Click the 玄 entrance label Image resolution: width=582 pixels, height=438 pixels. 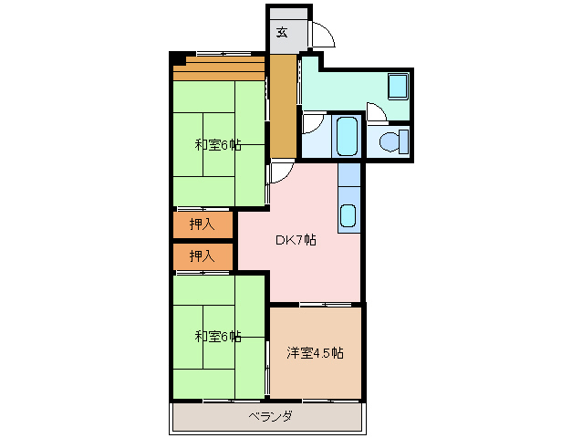(x=282, y=33)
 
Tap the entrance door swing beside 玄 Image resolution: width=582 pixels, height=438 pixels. (x=321, y=36)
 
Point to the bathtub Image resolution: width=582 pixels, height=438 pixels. (x=346, y=136)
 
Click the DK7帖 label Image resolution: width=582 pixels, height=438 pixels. (x=296, y=241)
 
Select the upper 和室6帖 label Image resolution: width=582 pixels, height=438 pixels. (x=217, y=145)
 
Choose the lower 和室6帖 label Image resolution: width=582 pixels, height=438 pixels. (x=217, y=337)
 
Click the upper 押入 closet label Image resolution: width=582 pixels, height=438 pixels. (x=202, y=224)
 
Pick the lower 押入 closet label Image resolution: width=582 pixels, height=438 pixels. (x=202, y=256)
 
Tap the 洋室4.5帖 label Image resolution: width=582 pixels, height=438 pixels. (x=315, y=353)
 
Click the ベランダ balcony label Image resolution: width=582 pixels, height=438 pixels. (x=270, y=417)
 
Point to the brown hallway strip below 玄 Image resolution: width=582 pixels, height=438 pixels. (x=283, y=105)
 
